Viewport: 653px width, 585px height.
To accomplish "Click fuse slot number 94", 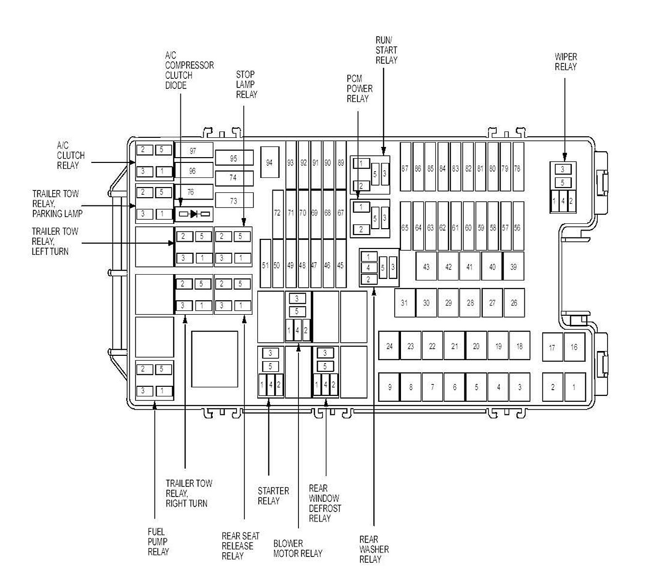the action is (269, 162).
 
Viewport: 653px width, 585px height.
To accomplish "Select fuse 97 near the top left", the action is (193, 150).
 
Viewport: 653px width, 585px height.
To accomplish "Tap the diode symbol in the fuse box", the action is (193, 214).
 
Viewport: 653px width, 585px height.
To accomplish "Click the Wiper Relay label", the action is (565, 62).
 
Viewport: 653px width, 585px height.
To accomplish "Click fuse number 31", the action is (404, 303).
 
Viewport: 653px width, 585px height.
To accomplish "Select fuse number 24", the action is (389, 346).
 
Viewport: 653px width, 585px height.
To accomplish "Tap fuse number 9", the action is (389, 387).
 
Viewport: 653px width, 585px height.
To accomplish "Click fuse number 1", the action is (575, 387).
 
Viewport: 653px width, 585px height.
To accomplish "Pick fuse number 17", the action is (552, 347).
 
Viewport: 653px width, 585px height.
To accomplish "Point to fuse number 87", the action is (405, 167).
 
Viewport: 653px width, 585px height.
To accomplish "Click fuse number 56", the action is (518, 226).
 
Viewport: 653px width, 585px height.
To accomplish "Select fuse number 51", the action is (265, 263).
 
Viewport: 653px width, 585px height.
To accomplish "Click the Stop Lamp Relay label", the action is (247, 85).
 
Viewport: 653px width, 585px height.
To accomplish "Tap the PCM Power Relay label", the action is (359, 88).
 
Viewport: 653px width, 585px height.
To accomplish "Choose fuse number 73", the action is (234, 200).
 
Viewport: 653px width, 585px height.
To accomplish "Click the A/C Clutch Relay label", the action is (71, 155).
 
